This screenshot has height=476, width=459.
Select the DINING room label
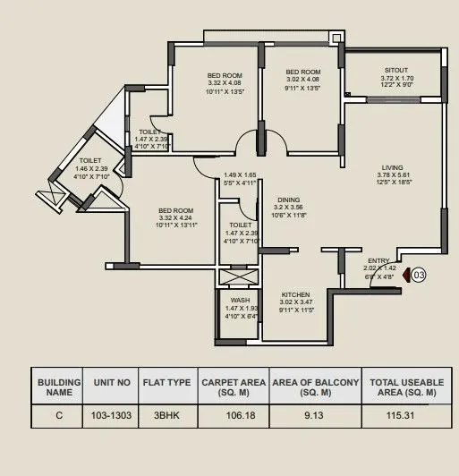(288, 201)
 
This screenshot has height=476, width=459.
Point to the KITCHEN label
(295, 294)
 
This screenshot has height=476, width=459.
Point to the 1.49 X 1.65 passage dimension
(240, 175)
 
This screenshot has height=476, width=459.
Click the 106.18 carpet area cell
(232, 415)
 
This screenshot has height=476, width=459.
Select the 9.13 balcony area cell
(314, 415)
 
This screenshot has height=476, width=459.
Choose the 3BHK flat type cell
(167, 415)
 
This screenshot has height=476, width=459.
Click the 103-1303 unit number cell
(112, 415)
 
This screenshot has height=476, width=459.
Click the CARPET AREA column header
(232, 387)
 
